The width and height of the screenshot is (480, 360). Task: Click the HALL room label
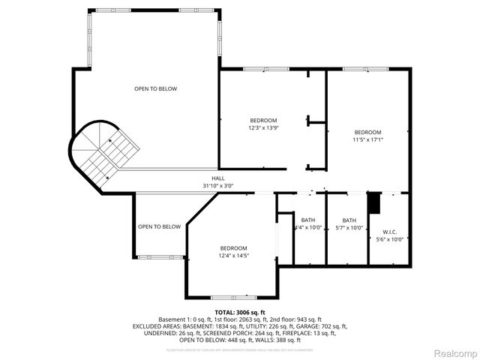218,178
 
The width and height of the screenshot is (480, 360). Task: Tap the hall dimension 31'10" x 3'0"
218,185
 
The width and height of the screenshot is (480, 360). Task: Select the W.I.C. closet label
389,231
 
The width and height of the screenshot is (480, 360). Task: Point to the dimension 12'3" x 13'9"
263,128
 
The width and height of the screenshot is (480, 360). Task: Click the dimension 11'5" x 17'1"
367,139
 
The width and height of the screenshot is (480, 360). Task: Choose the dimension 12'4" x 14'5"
233,256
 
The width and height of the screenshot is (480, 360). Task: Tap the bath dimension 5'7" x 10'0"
349,228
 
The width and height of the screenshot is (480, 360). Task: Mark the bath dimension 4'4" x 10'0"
308,228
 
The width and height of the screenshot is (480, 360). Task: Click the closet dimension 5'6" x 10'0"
389,239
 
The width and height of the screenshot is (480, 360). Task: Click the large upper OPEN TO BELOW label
156,89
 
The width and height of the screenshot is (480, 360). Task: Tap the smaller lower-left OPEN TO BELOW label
159,226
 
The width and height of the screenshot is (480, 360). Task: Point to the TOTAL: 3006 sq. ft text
240,312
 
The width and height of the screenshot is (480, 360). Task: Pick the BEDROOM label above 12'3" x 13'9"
263,121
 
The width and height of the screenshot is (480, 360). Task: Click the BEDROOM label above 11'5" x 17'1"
367,132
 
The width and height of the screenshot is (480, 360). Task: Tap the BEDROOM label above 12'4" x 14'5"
233,248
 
